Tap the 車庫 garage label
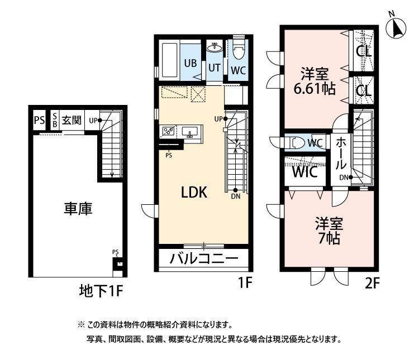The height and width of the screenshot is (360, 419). pyautogui.click(x=78, y=209)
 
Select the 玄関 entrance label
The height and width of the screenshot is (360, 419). pyautogui.click(x=72, y=120)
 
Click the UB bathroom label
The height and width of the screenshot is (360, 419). pyautogui.click(x=190, y=63)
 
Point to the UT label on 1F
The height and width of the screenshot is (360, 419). pyautogui.click(x=215, y=67)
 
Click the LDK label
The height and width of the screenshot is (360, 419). pyautogui.click(x=194, y=193)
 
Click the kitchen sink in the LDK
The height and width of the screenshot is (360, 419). pyautogui.click(x=190, y=133)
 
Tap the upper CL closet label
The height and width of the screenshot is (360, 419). pyautogui.click(x=364, y=50)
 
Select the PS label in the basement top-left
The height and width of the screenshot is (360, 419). pyautogui.click(x=39, y=120)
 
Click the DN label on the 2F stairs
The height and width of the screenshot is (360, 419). pyautogui.click(x=344, y=177)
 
